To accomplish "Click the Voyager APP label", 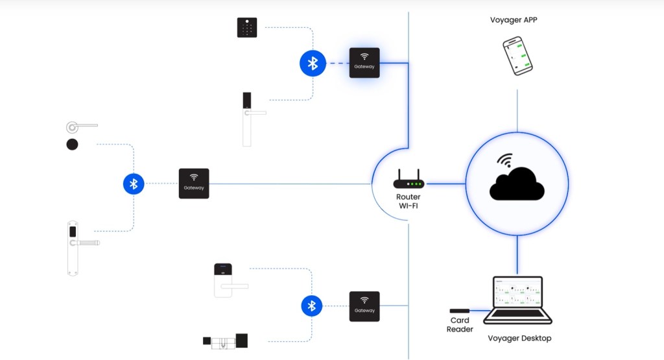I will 514,20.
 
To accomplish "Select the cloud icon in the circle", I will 517,183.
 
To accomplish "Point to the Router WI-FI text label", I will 409,201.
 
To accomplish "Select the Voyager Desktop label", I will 520,338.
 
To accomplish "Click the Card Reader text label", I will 460,325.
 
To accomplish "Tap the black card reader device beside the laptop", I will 460,311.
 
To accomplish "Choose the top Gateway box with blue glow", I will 364,63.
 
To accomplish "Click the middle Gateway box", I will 194,184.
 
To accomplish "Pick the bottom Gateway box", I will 364,306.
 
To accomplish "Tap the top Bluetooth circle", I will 313,63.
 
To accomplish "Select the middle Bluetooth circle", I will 134,184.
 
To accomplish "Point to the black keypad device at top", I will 247,27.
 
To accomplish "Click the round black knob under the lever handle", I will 73,144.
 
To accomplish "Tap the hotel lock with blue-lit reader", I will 224,280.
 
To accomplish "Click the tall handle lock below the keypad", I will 248,119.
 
